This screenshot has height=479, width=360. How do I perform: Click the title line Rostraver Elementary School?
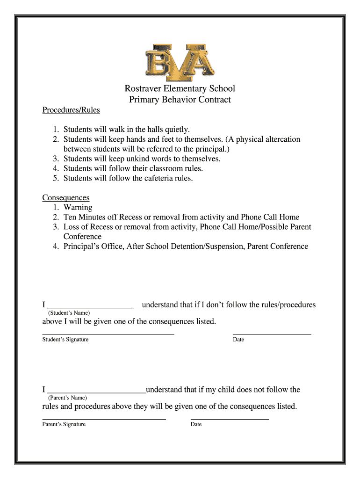click(x=180, y=88)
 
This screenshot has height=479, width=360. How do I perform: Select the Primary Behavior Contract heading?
click(x=180, y=100)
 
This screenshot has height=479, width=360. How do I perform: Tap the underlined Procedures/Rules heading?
click(x=71, y=110)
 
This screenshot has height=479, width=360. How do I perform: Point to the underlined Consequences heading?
click(x=66, y=198)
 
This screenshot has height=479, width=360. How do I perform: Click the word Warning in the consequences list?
click(x=78, y=208)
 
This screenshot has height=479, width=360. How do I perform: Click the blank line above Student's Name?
click(x=92, y=307)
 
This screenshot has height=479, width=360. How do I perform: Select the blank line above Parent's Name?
click(x=97, y=392)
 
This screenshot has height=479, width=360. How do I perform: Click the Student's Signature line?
click(x=108, y=334)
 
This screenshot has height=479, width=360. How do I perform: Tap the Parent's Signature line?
click(x=104, y=419)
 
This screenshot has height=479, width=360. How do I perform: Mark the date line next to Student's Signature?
click(x=272, y=334)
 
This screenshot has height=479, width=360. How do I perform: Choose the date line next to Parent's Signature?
click(x=230, y=419)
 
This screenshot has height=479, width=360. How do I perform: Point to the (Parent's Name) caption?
click(x=67, y=398)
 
